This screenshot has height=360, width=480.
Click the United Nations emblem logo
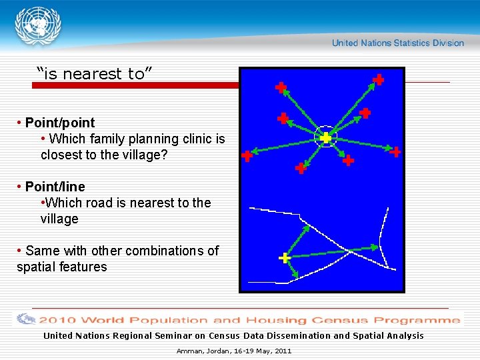point(37,27)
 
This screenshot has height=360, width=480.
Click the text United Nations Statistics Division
point(397,43)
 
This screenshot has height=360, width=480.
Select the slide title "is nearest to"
point(95,74)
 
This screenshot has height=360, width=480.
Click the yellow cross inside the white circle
point(325,138)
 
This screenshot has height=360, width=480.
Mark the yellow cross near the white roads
point(285,258)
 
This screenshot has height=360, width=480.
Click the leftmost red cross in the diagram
point(247,157)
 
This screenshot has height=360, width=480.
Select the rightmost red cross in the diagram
point(395,152)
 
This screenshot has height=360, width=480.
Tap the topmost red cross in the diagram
point(378,79)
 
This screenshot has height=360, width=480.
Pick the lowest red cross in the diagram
point(301,169)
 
